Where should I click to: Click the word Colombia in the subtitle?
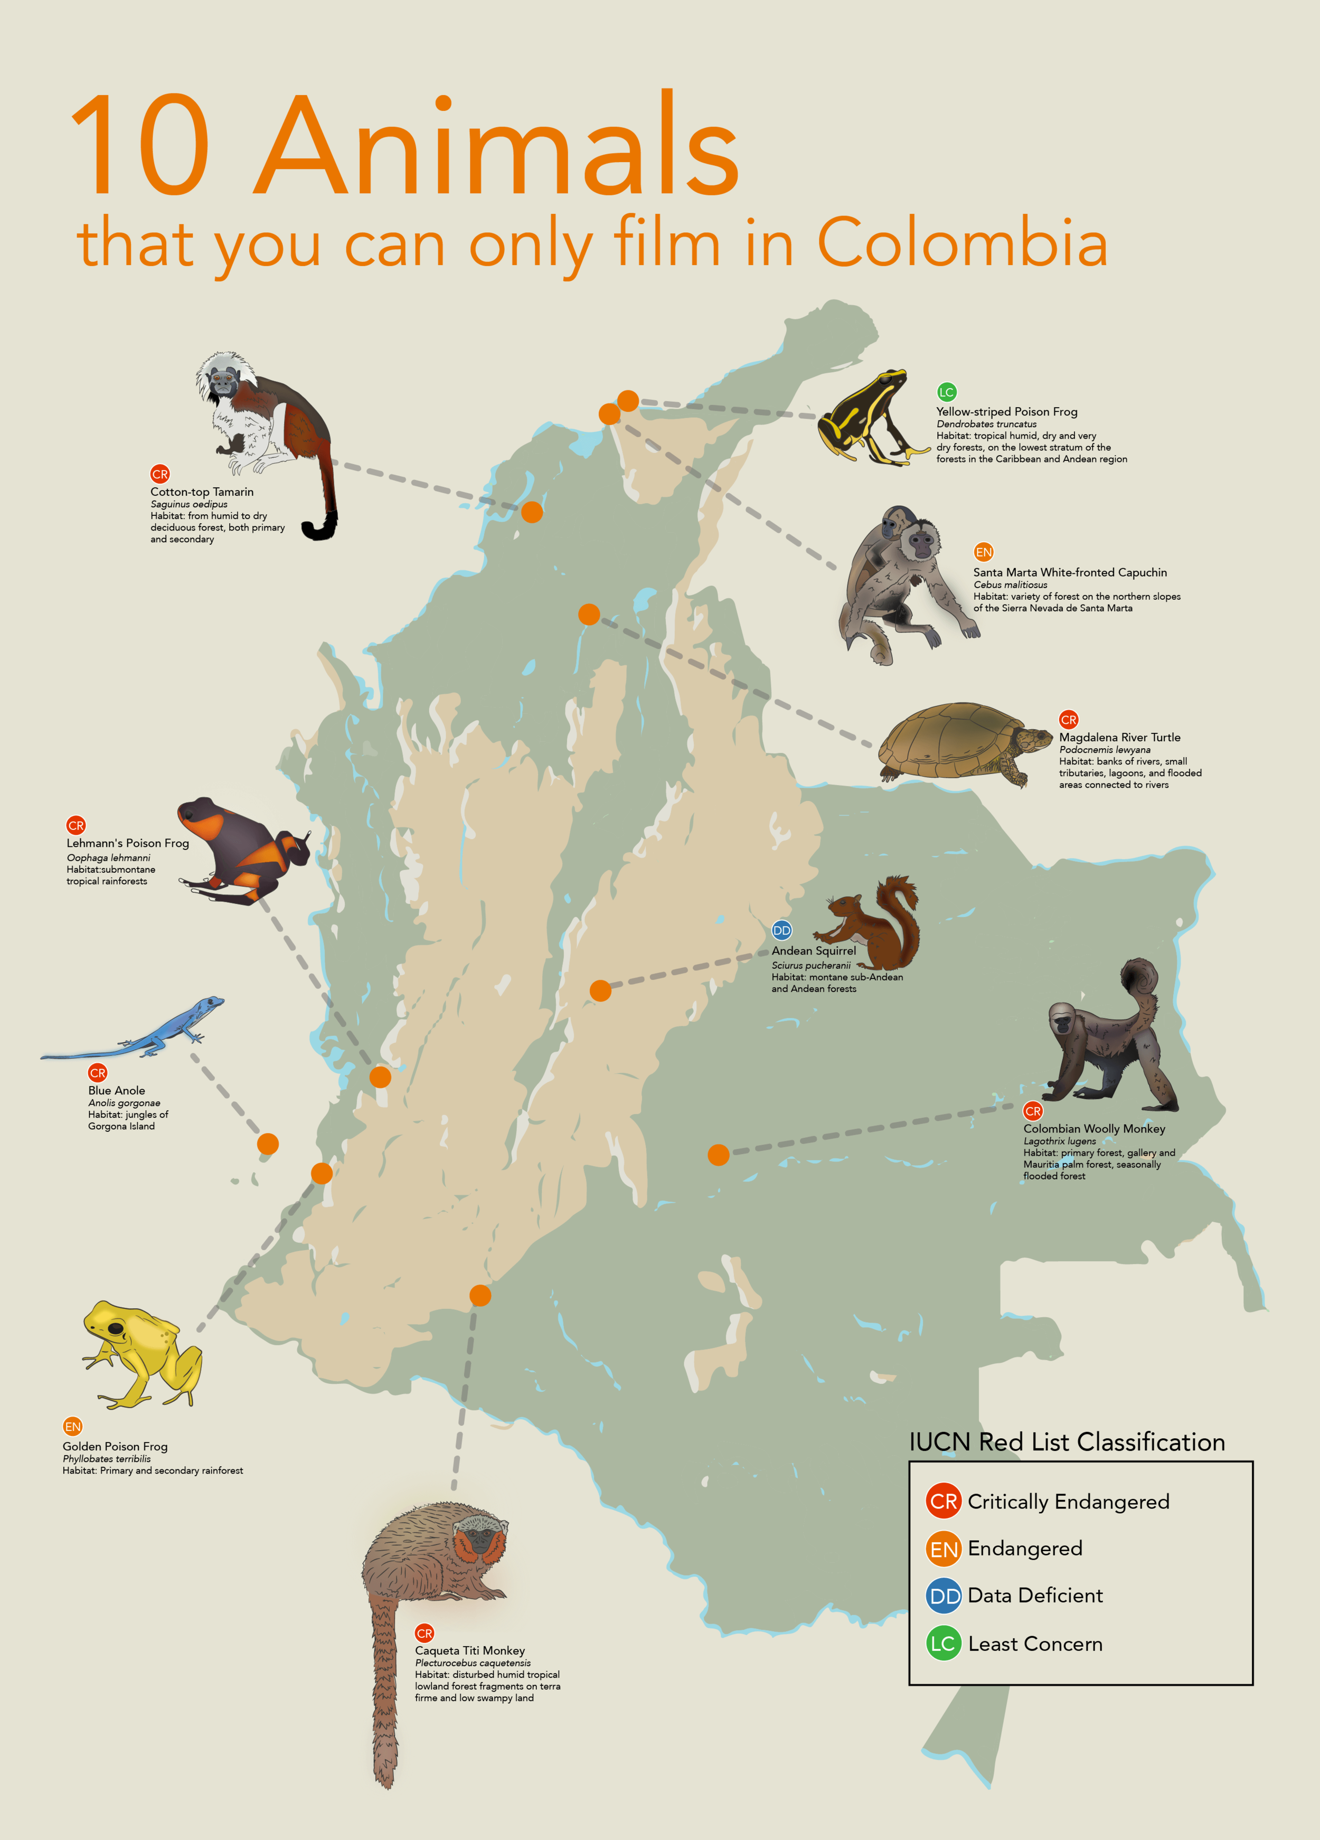point(961,242)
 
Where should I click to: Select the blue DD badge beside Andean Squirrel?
point(781,930)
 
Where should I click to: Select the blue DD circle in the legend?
point(944,1596)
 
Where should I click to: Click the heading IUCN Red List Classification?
point(1067,1442)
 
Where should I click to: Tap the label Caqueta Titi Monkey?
point(470,1650)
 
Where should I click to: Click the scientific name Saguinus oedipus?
point(189,504)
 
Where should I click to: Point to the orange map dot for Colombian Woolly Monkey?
point(718,1155)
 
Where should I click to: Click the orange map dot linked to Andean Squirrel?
point(600,990)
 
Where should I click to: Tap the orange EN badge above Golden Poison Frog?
point(73,1426)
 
